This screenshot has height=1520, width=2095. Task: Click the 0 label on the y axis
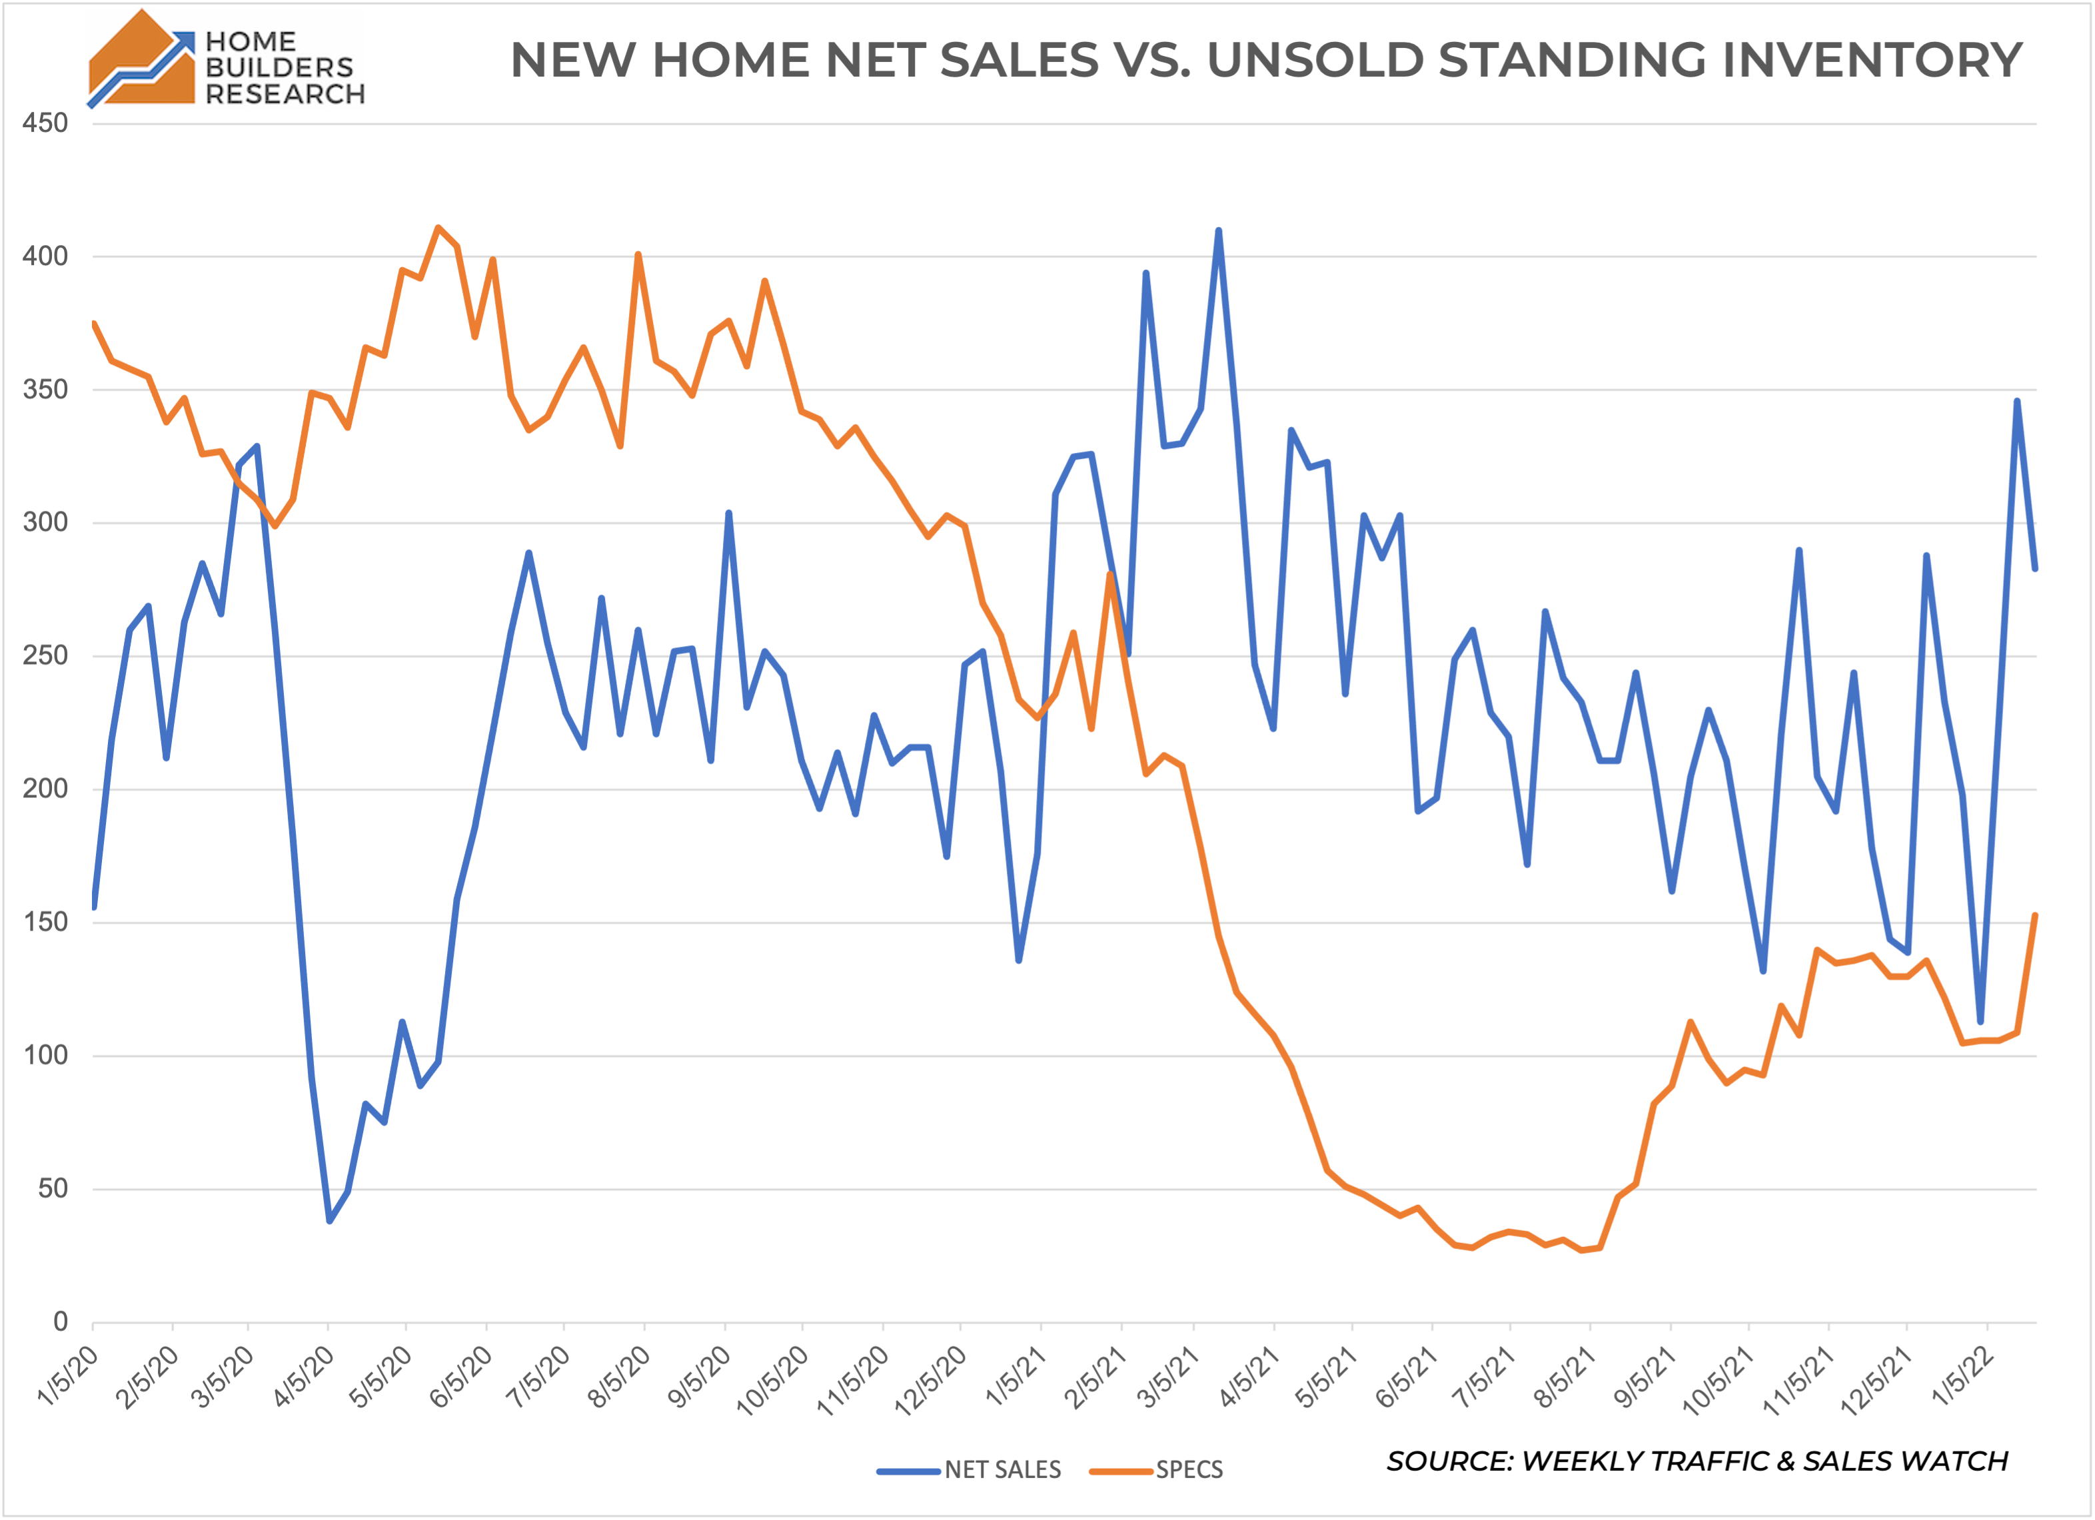click(60, 1322)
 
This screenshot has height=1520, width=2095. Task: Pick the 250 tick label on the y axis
click(45, 655)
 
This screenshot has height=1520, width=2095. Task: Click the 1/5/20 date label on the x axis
click(67, 1377)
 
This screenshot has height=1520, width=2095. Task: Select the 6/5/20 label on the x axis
click(461, 1377)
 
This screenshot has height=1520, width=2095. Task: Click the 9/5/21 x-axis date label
click(1645, 1377)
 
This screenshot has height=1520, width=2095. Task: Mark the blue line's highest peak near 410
click(1218, 231)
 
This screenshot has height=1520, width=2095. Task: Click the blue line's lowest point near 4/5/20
click(330, 1221)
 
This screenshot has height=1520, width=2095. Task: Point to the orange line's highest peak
click(438, 227)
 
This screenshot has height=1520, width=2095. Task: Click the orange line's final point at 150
click(2035, 916)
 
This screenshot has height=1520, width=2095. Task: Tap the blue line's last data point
click(2035, 569)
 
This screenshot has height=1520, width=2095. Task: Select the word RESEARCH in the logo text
click(285, 94)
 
